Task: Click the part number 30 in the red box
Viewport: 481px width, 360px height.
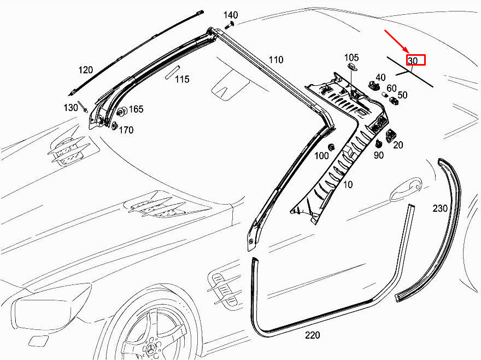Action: click(x=413, y=61)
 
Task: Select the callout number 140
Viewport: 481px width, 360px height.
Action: click(x=230, y=15)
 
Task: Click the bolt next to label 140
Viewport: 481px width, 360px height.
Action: click(x=230, y=25)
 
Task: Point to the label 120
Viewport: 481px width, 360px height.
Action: click(x=86, y=70)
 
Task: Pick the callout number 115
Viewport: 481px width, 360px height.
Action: click(x=182, y=79)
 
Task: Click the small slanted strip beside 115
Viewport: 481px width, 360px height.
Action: click(x=172, y=72)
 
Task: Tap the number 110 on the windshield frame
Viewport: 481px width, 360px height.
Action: click(x=276, y=60)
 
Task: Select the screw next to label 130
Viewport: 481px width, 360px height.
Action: click(x=84, y=107)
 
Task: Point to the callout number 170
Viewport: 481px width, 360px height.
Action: click(x=126, y=130)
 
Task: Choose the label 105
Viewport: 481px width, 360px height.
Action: click(x=351, y=58)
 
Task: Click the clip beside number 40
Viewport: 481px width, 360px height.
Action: click(x=372, y=85)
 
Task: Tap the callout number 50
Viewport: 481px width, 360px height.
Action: click(x=402, y=95)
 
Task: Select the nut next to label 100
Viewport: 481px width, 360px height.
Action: click(x=331, y=147)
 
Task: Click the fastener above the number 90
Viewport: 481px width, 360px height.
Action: click(x=379, y=143)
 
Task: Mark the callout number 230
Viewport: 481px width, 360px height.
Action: click(x=440, y=208)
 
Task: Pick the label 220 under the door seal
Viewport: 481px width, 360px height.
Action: click(x=313, y=335)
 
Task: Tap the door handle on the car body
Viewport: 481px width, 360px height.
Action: click(x=406, y=188)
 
